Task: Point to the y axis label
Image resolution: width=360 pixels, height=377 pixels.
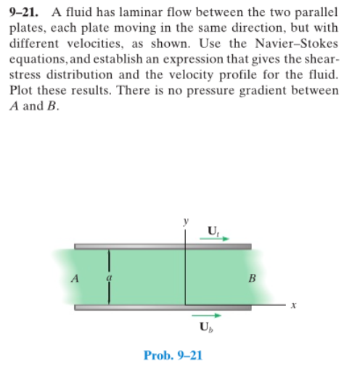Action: [187, 218]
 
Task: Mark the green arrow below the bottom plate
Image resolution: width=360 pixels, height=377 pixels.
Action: [203, 317]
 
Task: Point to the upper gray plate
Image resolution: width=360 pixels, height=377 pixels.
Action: [163, 246]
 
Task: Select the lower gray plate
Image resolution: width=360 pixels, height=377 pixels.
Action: [163, 306]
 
